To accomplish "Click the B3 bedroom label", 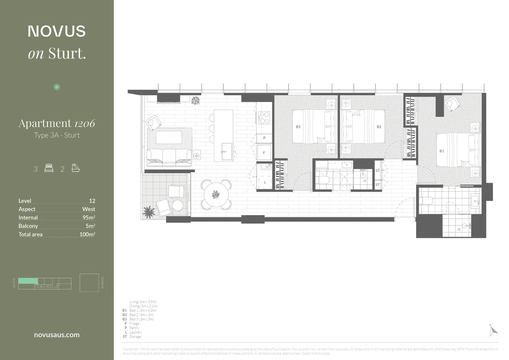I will [298, 127].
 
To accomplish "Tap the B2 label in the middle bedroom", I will [379, 127].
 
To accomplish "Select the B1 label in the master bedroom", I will [442, 151].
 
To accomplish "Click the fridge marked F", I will [264, 153].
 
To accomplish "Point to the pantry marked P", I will [264, 138].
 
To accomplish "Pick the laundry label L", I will [265, 182].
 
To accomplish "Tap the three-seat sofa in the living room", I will [169, 157].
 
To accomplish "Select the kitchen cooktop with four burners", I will [264, 118].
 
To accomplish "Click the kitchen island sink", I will [228, 152].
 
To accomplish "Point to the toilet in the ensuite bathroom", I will [426, 200].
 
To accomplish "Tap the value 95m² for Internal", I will [89, 217].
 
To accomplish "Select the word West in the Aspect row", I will [89, 209].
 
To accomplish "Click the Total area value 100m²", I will [87, 234].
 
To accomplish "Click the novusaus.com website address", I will [57, 335].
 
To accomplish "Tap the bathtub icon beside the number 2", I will [76, 168].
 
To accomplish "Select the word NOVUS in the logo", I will [57, 31].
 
